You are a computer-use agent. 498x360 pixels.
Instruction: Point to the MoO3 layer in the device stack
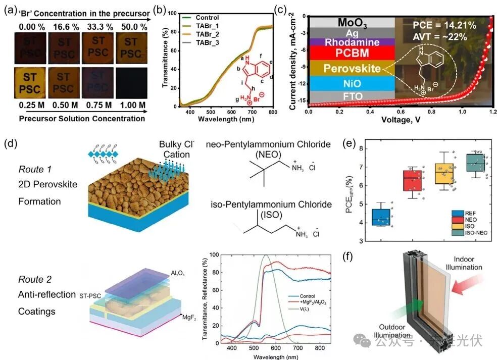352,22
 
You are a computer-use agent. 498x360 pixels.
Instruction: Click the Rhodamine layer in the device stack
352,43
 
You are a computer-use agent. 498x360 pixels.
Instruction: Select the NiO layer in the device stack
352,82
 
